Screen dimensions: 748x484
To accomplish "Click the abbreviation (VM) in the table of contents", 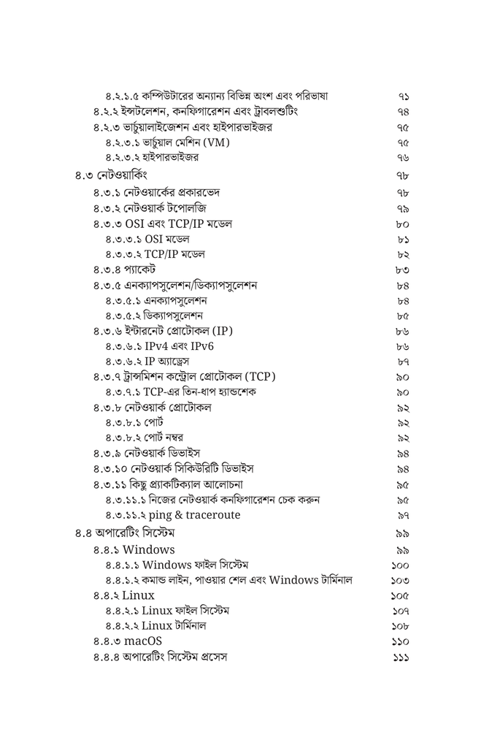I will [x=217, y=142].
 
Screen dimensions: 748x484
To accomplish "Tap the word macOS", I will [x=142, y=641].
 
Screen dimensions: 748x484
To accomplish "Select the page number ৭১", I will [x=404, y=96].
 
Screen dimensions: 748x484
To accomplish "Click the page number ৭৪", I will [x=404, y=112].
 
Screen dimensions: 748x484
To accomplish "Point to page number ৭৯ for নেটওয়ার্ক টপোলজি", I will [x=404, y=208].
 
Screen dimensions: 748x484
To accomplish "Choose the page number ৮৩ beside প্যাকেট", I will [x=404, y=270].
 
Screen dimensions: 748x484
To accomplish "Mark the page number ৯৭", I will [x=404, y=515].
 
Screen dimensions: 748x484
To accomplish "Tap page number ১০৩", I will [x=400, y=581].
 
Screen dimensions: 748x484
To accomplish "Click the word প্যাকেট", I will [x=140, y=270].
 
